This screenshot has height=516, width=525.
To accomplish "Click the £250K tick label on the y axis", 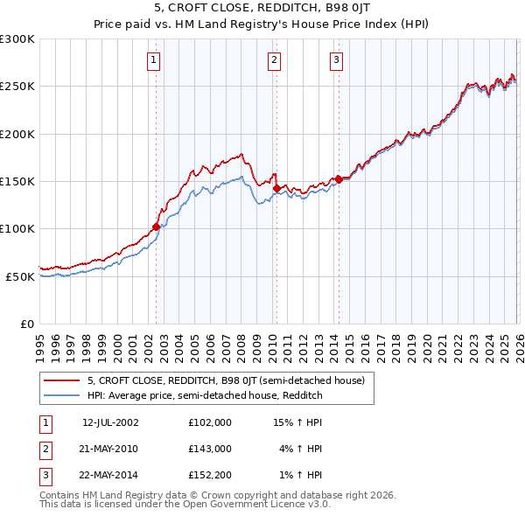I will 17,87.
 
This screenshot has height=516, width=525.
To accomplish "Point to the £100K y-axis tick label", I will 17,228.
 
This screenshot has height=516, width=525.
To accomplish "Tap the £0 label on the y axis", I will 26,324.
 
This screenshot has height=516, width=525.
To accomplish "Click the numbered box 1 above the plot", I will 153,59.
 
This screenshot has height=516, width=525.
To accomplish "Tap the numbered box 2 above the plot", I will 274,59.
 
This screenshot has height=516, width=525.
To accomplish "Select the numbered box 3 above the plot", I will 336,59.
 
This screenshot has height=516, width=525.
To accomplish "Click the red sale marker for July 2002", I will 157,227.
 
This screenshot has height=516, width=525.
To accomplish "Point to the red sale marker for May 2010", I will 276,188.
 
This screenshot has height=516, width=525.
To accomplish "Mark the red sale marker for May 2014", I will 338,179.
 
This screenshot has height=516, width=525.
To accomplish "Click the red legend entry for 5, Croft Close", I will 231,380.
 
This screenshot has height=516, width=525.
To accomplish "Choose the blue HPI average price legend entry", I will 205,395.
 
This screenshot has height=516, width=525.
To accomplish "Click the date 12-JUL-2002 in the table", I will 110,422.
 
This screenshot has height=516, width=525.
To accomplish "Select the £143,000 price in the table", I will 209,449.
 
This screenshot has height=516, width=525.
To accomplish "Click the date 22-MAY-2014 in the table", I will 110,475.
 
